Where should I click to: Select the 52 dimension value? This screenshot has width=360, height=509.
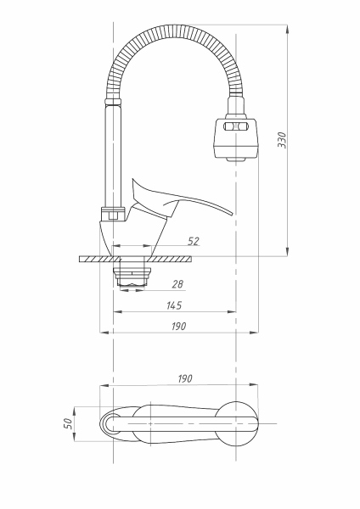pyautogui.click(x=193, y=242)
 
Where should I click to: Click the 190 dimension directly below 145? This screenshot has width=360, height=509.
pyautogui.click(x=177, y=326)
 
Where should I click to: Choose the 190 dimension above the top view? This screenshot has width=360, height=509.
pyautogui.click(x=184, y=378)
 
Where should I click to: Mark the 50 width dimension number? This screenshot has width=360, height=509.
pyautogui.click(x=67, y=423)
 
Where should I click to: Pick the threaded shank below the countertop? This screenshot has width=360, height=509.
pyautogui.click(x=133, y=274)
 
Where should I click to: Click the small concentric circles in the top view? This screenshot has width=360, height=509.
pyautogui.click(x=110, y=423)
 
